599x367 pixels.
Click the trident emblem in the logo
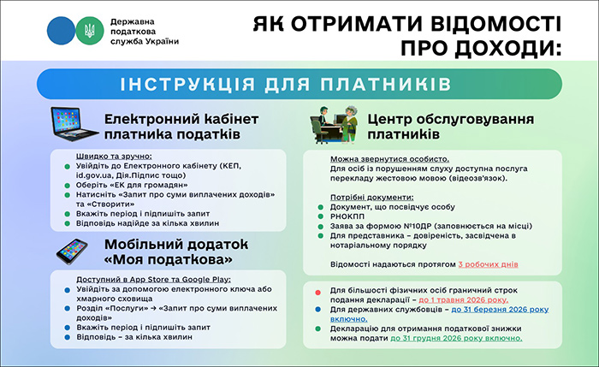[86, 32]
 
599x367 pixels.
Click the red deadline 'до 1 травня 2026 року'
[463, 300]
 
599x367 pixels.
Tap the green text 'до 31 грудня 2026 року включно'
[456, 338]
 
